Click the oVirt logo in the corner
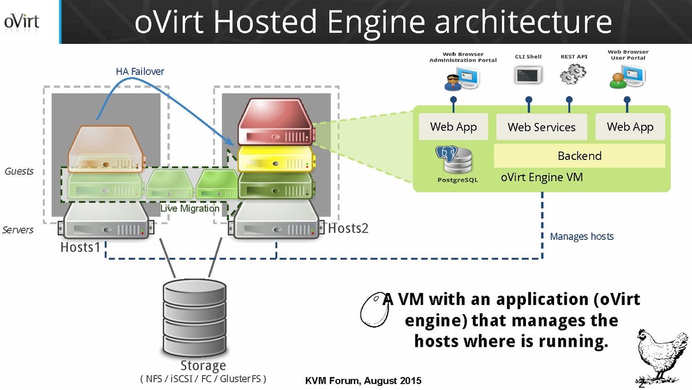[x=22, y=21]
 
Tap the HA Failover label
[x=140, y=72]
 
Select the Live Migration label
[x=190, y=208]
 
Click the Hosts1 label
[x=81, y=247]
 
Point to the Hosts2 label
[x=348, y=229]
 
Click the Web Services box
[x=541, y=127]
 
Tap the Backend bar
[x=579, y=156]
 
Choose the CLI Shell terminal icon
[x=528, y=75]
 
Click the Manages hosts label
[x=581, y=236]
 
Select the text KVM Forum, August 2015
[x=363, y=381]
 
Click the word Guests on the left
[x=19, y=172]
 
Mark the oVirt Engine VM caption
[x=541, y=177]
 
